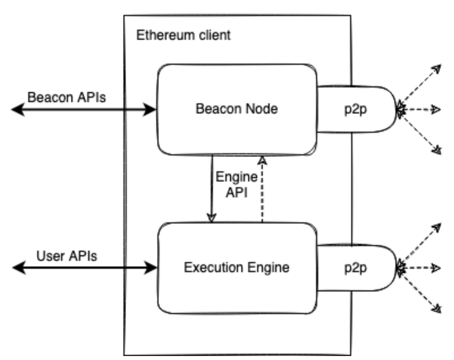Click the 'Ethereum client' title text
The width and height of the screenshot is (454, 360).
coord(183,35)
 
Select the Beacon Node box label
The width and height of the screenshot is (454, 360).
coord(237,109)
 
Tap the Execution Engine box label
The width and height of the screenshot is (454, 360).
coord(237,267)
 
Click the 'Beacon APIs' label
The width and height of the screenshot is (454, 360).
coord(67,97)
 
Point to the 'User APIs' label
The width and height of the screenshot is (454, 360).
coord(67,256)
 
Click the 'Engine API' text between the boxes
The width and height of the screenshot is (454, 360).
coord(237,185)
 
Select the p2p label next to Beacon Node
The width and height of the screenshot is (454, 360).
coord(356,109)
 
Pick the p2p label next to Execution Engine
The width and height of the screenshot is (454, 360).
coord(356,268)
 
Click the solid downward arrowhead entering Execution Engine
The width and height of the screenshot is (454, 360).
coord(211,218)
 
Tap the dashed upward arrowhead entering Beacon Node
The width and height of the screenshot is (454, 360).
coord(262,160)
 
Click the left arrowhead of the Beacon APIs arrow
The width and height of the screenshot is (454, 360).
coord(18,109)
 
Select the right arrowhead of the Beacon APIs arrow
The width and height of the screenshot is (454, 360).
coord(149,109)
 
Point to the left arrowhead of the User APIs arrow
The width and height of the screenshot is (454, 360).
coord(19,267)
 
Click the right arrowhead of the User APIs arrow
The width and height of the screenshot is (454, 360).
coord(150,267)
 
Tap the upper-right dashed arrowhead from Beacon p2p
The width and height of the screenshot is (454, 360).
coord(436,69)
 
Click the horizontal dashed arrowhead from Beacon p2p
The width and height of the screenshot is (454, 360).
coord(436,110)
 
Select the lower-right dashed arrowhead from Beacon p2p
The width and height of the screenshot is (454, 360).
coord(437,150)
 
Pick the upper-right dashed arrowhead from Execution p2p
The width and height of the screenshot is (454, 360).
coord(436,228)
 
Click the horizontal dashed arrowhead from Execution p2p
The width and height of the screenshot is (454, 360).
coord(436,268)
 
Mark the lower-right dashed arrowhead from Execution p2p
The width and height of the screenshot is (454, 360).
coord(436,308)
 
